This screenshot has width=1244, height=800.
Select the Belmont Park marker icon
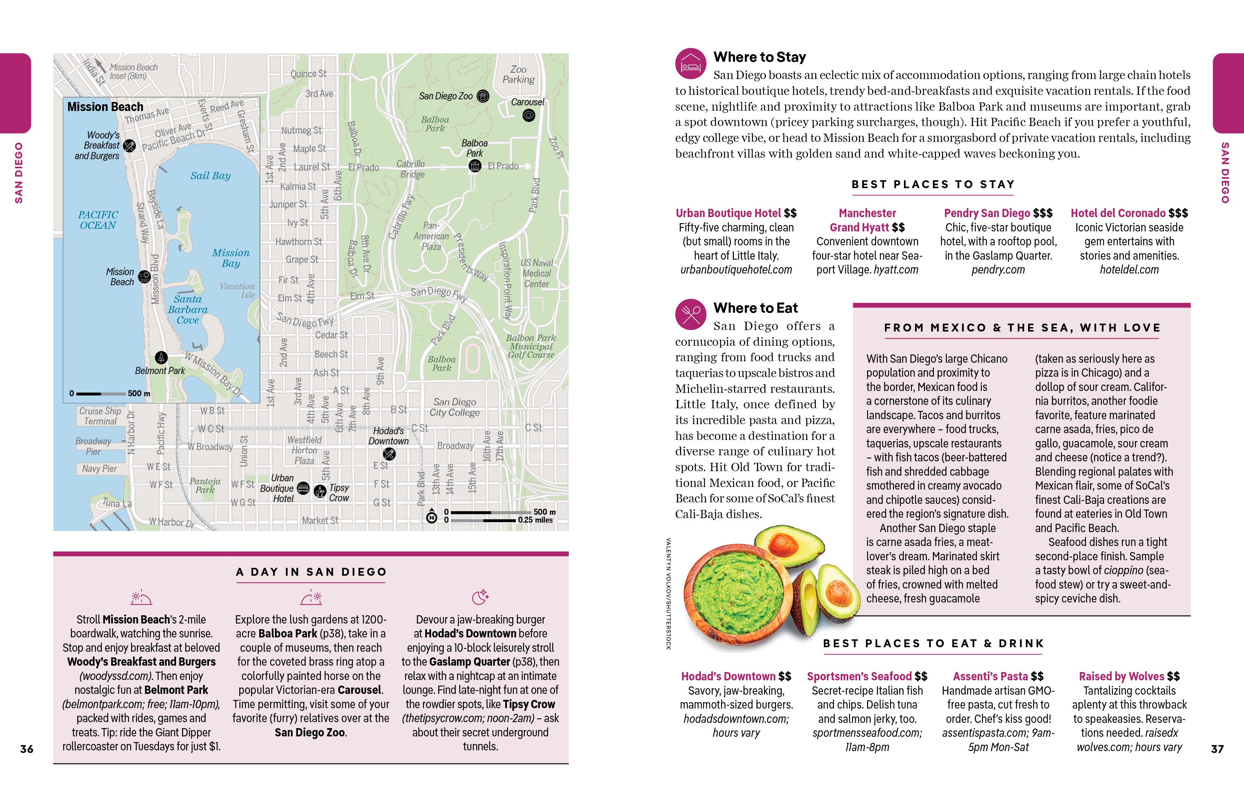tap(161, 357)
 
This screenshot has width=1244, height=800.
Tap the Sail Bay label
tap(210, 176)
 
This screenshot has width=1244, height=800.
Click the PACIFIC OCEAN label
tap(97, 220)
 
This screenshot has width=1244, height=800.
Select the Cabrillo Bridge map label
tap(411, 169)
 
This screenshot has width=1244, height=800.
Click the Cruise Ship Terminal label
tap(100, 416)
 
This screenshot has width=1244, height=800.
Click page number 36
tap(26, 748)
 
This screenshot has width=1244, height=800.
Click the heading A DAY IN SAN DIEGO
tap(311, 572)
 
